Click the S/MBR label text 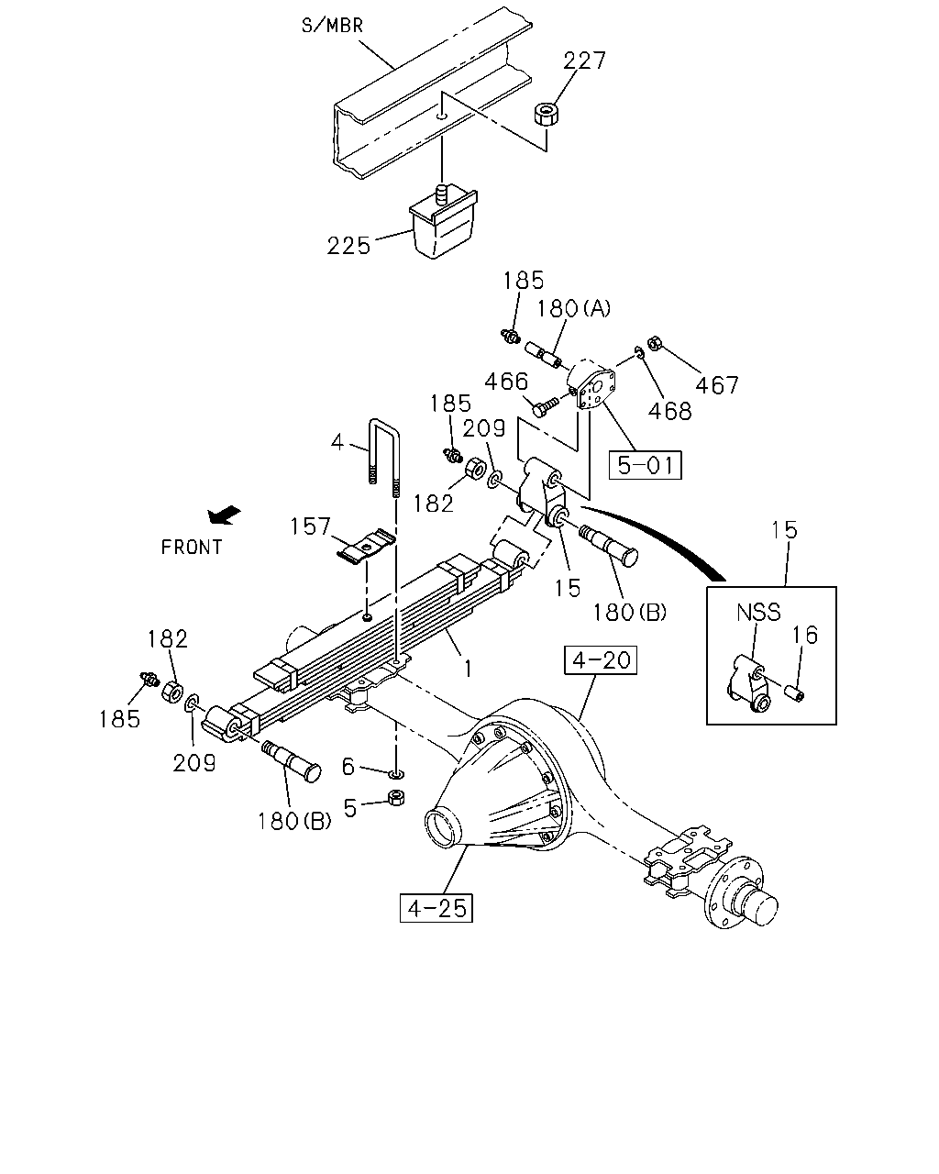point(332,26)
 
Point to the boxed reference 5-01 point(645,465)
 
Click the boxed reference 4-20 point(601,660)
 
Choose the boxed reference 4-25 point(436,908)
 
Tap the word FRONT point(192,547)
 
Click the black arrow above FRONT point(224,515)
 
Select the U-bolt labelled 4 point(384,457)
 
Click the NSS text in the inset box point(758,612)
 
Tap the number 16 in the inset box point(805,635)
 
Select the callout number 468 point(669,411)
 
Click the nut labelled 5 point(395,798)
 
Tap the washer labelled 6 point(397,774)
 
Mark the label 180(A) point(573,309)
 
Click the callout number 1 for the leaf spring point(468,669)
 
